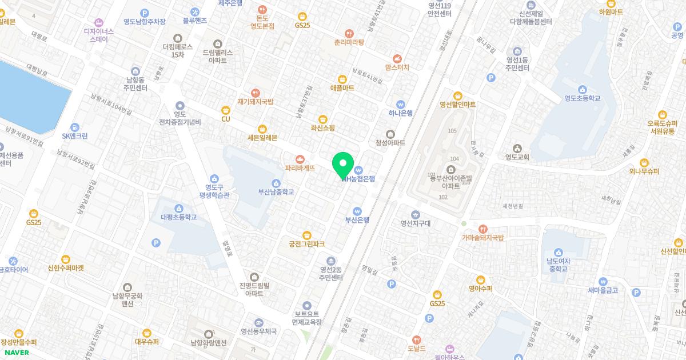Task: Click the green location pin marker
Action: pos(343,166)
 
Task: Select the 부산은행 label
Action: pos(357,220)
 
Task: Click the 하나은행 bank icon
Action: pos(400,104)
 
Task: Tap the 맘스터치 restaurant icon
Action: pos(397,58)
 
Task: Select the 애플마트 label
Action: pos(342,88)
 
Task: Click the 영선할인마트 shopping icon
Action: pos(457,95)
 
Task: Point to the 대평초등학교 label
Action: pos(178,217)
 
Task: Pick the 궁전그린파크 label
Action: pos(306,244)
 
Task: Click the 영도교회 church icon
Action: pos(517,149)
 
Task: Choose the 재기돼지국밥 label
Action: pos(256,102)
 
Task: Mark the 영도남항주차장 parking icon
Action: pos(145,13)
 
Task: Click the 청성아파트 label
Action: pos(390,143)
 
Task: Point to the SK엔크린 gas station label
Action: pos(75,136)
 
